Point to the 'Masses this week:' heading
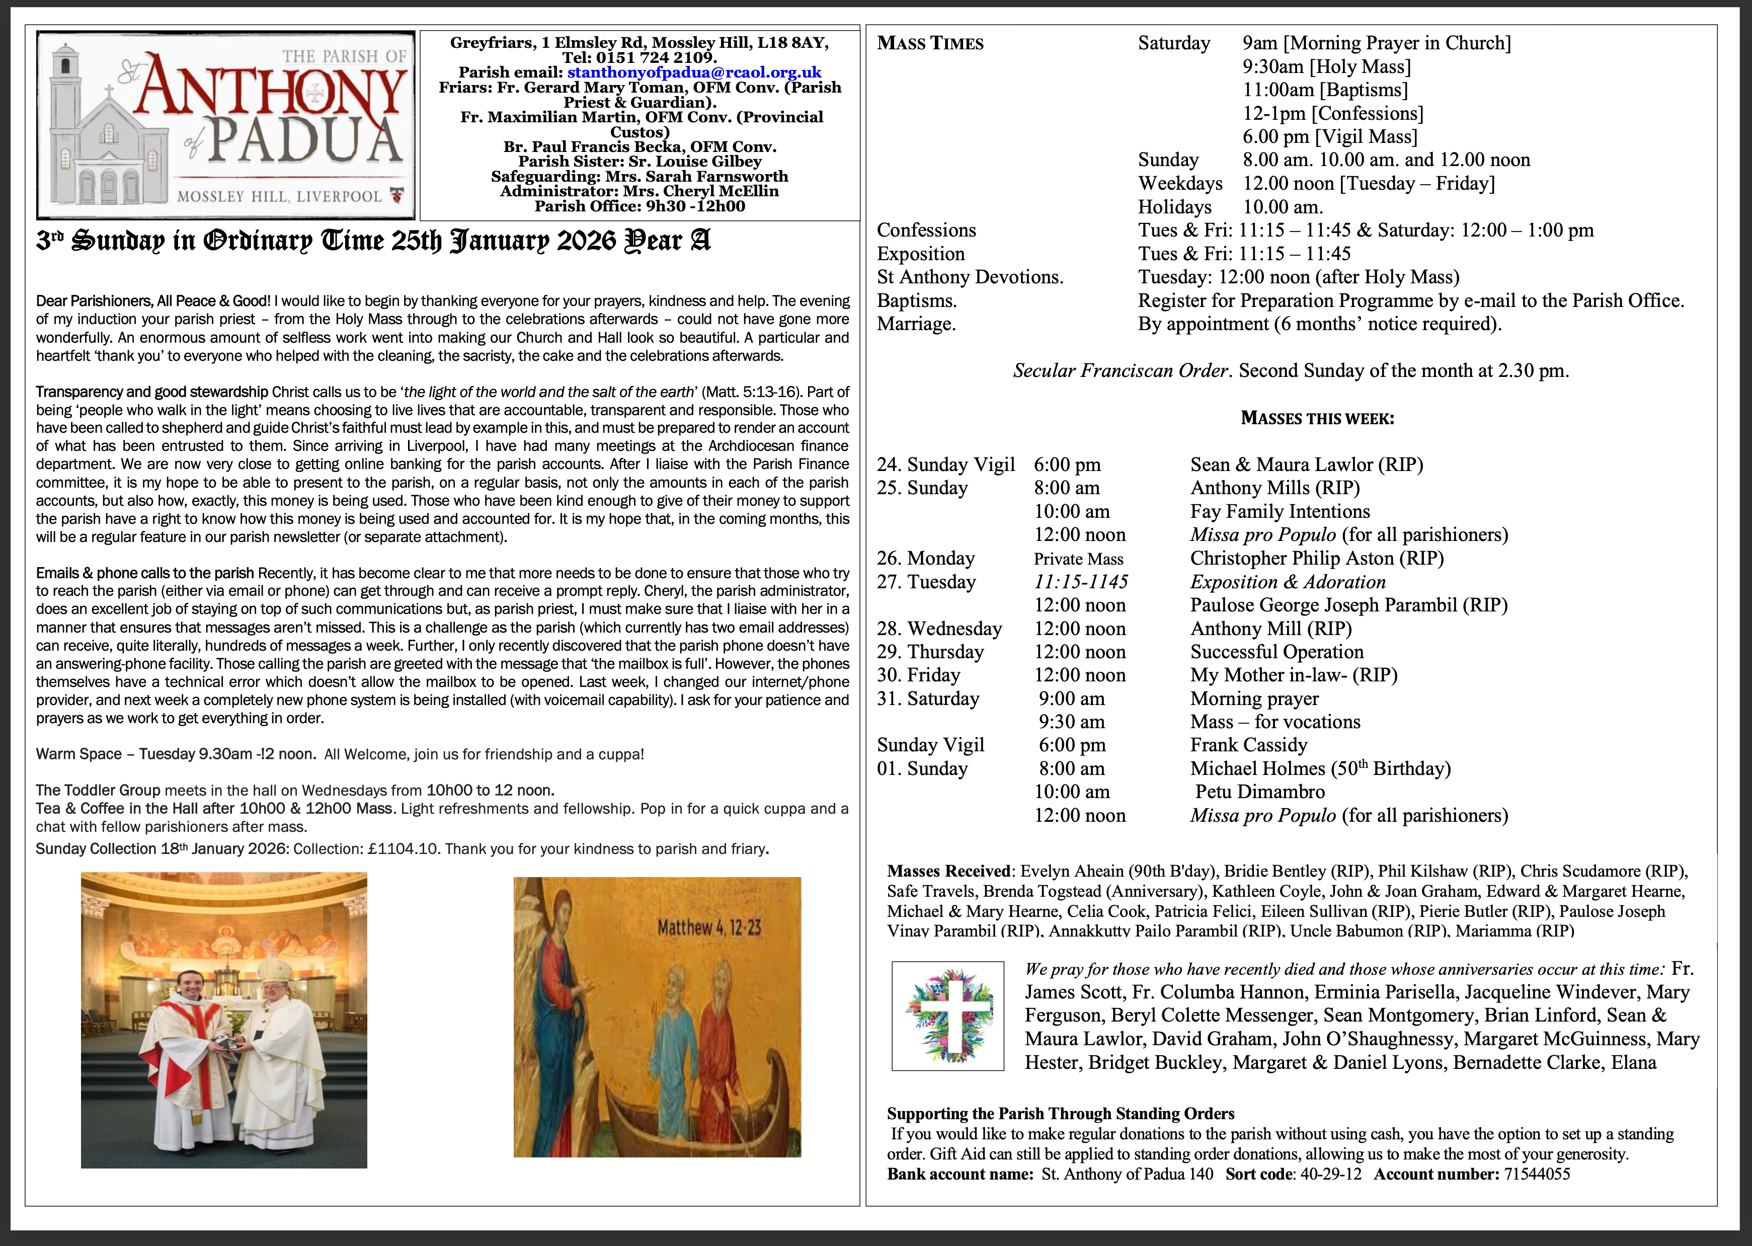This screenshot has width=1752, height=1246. pyautogui.click(x=1317, y=418)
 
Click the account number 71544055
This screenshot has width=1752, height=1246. pyautogui.click(x=1537, y=1174)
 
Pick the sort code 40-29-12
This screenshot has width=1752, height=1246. pyautogui.click(x=1331, y=1174)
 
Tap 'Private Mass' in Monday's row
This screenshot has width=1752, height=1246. pyautogui.click(x=1078, y=559)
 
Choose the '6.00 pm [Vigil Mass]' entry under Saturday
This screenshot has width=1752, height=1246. pyautogui.click(x=1329, y=136)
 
